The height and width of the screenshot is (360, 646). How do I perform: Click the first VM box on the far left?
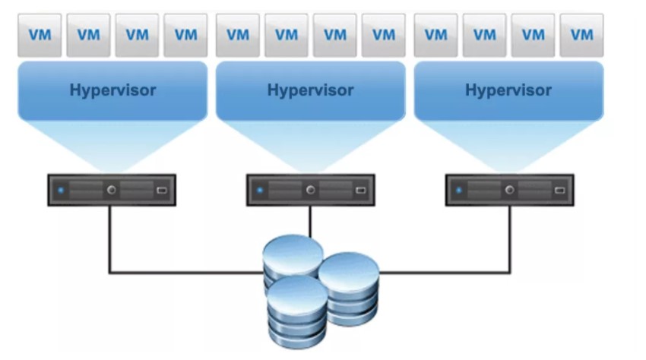(x=40, y=35)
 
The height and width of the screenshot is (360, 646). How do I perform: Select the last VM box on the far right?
(x=581, y=35)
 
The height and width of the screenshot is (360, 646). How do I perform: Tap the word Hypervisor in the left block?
(x=113, y=90)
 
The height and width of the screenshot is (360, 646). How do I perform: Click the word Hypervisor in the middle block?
(x=311, y=90)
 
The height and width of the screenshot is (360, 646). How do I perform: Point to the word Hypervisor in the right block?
(x=508, y=90)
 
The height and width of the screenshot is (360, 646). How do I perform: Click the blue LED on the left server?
(x=61, y=191)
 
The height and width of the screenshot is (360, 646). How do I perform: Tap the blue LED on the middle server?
(x=260, y=191)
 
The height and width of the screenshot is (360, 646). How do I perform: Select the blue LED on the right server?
(x=459, y=191)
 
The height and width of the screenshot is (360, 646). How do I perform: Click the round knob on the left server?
(x=112, y=190)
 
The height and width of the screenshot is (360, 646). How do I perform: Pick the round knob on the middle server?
(x=311, y=190)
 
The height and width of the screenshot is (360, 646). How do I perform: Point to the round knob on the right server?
(x=510, y=190)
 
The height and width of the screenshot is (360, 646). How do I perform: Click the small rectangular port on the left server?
(x=162, y=191)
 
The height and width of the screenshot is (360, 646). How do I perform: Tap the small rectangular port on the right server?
(x=559, y=191)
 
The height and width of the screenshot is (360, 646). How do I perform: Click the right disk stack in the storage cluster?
(x=350, y=289)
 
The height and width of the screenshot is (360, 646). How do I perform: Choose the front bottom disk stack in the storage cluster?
(x=297, y=312)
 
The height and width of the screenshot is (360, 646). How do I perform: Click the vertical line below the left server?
(x=110, y=239)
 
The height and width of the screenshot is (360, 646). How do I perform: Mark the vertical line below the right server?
(x=510, y=239)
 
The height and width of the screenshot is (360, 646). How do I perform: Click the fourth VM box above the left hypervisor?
(x=185, y=35)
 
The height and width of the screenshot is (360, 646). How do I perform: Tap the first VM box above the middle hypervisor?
(x=238, y=35)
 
